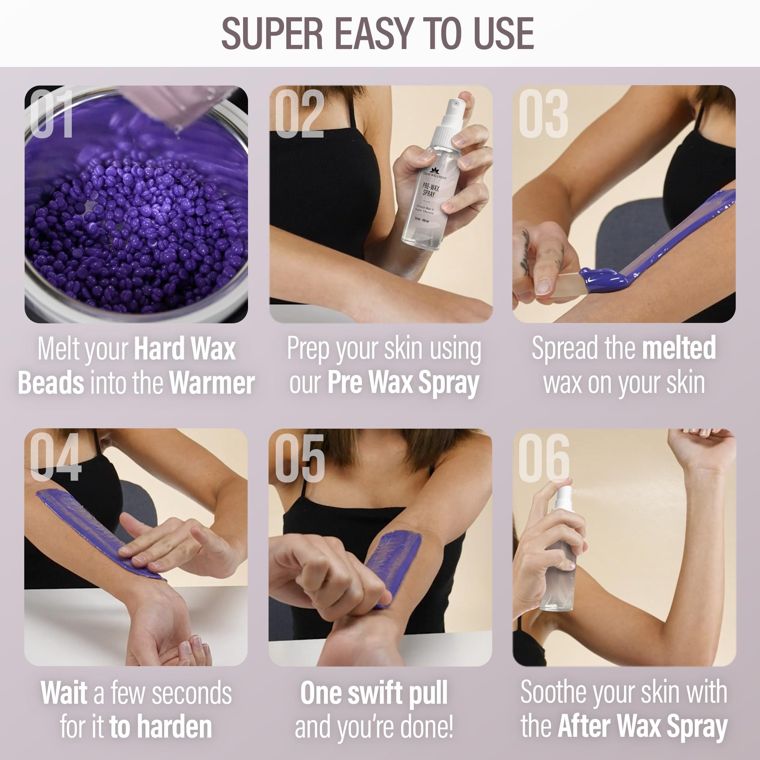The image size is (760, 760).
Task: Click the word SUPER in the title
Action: click(x=272, y=34)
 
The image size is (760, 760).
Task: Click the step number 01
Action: click(x=52, y=114)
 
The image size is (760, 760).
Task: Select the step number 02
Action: click(x=299, y=114)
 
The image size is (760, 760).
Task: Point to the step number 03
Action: click(x=543, y=114)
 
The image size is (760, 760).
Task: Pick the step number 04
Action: click(x=55, y=458)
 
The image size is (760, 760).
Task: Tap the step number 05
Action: click(x=300, y=458)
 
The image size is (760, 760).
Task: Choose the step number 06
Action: click(x=544, y=458)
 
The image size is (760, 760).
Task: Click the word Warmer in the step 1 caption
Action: click(x=212, y=383)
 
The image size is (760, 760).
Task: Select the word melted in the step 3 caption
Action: click(x=679, y=348)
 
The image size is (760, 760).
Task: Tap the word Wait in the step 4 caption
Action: click(x=64, y=693)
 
